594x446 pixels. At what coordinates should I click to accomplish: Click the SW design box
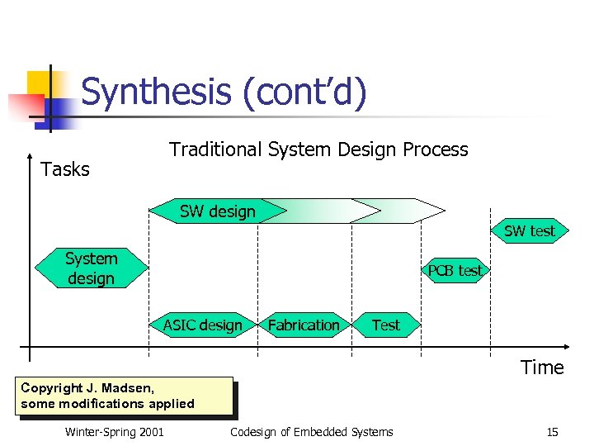(x=218, y=211)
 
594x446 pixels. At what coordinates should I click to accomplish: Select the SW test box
(x=529, y=231)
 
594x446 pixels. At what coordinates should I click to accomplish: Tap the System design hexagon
(x=91, y=268)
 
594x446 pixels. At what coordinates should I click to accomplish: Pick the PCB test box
(x=455, y=271)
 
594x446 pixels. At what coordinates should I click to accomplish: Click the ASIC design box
(x=203, y=325)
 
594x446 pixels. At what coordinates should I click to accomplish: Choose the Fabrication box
(x=304, y=325)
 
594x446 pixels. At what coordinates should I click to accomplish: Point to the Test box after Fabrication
(x=385, y=325)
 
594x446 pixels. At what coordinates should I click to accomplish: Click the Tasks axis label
(x=65, y=169)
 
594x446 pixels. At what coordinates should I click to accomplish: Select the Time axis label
(x=542, y=368)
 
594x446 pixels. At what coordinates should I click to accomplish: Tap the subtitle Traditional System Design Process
(x=318, y=149)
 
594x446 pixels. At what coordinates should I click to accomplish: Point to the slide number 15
(x=552, y=432)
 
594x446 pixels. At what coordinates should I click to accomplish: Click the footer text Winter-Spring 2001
(x=114, y=432)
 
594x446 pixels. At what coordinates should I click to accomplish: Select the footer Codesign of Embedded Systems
(x=312, y=432)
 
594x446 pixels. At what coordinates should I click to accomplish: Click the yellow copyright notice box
(x=124, y=396)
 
